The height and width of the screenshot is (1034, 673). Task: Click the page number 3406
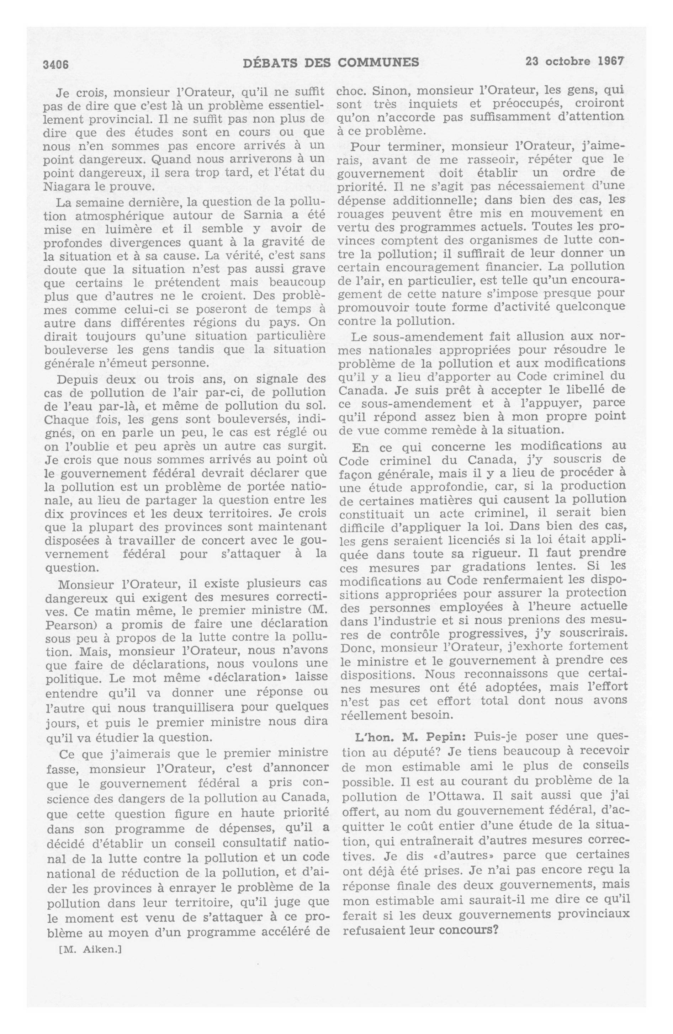point(55,64)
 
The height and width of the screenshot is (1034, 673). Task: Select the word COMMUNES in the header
point(378,63)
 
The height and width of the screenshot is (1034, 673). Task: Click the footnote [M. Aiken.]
point(90,949)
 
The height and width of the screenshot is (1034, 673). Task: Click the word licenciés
point(461,541)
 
